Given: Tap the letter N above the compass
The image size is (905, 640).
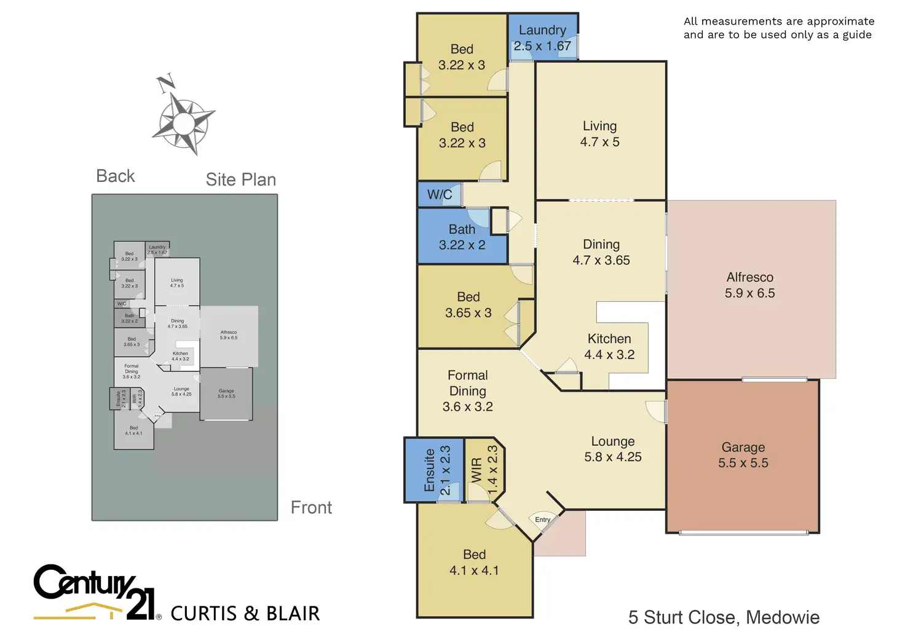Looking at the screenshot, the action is pos(165,82).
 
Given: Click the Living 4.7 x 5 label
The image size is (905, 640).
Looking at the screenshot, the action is pos(599,134).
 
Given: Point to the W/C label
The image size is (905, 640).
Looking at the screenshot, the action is pos(440,195).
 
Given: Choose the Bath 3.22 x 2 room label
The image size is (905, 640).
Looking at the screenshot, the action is pos(462,237).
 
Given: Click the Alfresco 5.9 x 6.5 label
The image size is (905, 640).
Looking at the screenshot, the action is pos(749,285).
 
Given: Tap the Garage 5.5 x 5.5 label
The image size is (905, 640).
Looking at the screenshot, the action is pos(743,455).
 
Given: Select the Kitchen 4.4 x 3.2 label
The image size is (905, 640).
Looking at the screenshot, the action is pos(609,347).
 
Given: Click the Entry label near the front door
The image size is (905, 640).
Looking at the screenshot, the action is pos(542,520).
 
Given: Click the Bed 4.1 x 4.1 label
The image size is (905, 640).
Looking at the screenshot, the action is pos(474,563).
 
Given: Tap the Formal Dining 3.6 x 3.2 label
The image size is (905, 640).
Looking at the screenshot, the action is pos(468,391).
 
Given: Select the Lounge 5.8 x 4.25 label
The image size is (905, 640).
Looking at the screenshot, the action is pos(613,449).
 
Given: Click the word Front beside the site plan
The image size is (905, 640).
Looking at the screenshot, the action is pos(311,508).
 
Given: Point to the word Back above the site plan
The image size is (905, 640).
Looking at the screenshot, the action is pos(116,176).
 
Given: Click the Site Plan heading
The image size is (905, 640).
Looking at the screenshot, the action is pos(241,180).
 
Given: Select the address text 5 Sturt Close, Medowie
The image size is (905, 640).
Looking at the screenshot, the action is pos(724,617).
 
